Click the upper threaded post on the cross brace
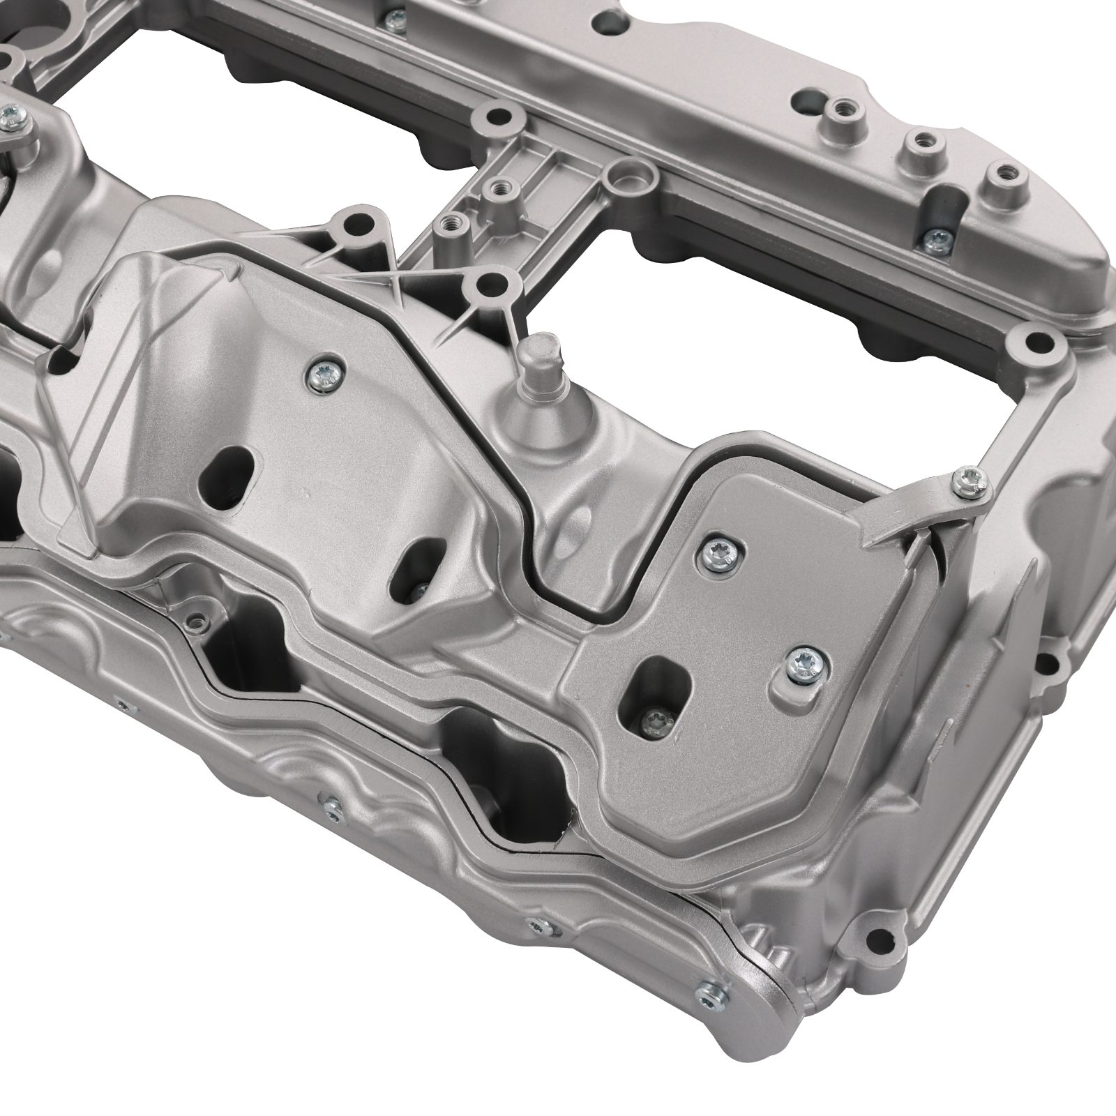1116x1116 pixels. pyautogui.click(x=497, y=188)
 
